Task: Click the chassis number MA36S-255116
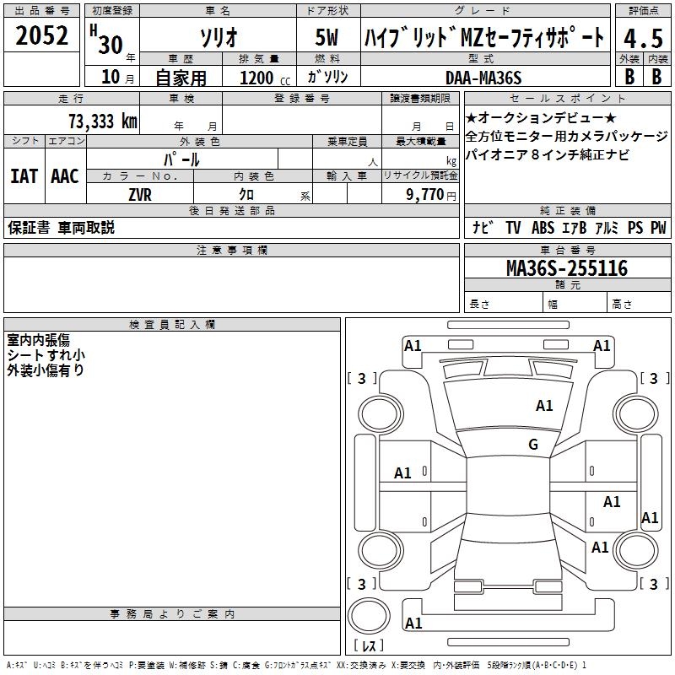click(566, 268)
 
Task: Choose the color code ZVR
click(140, 193)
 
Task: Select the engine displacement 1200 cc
click(262, 78)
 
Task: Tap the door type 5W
click(328, 37)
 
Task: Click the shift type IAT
click(24, 176)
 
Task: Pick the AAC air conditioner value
click(64, 176)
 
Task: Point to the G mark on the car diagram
click(533, 445)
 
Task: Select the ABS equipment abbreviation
click(543, 228)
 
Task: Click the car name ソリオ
click(218, 37)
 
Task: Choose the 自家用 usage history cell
click(181, 78)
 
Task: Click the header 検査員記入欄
click(172, 325)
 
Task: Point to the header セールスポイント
click(567, 98)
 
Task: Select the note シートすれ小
click(46, 355)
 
